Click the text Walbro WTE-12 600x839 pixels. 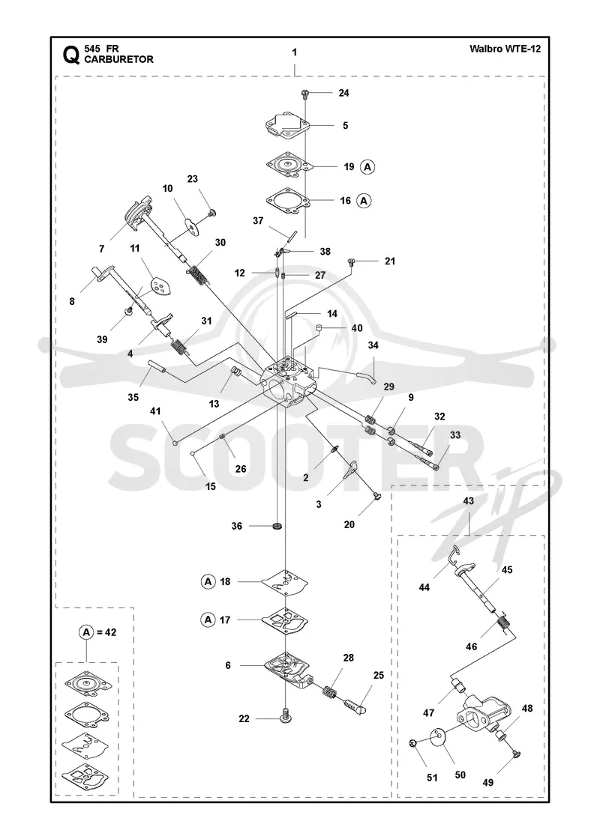click(x=505, y=49)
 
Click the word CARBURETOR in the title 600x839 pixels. click(x=119, y=59)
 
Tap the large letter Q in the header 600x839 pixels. click(x=72, y=55)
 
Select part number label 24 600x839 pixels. click(x=344, y=93)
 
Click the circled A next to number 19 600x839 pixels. click(x=367, y=167)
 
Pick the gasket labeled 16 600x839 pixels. click(x=289, y=201)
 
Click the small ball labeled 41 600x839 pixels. click(x=175, y=442)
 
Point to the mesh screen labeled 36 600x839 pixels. click(x=277, y=526)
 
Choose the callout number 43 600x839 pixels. click(x=469, y=501)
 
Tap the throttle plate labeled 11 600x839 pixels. click(x=160, y=285)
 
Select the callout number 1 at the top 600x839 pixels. click(x=295, y=52)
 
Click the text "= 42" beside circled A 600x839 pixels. click(x=106, y=632)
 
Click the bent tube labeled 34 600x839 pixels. click(x=364, y=375)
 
